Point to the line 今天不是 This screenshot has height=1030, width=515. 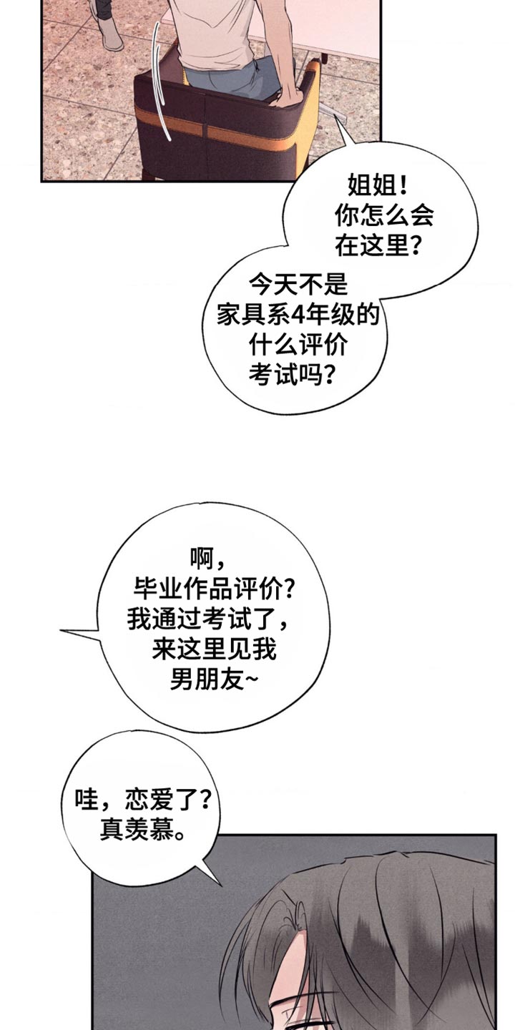[x=298, y=285]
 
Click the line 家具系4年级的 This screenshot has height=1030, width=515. [x=298, y=315]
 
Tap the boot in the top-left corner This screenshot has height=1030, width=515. [x=111, y=32]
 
